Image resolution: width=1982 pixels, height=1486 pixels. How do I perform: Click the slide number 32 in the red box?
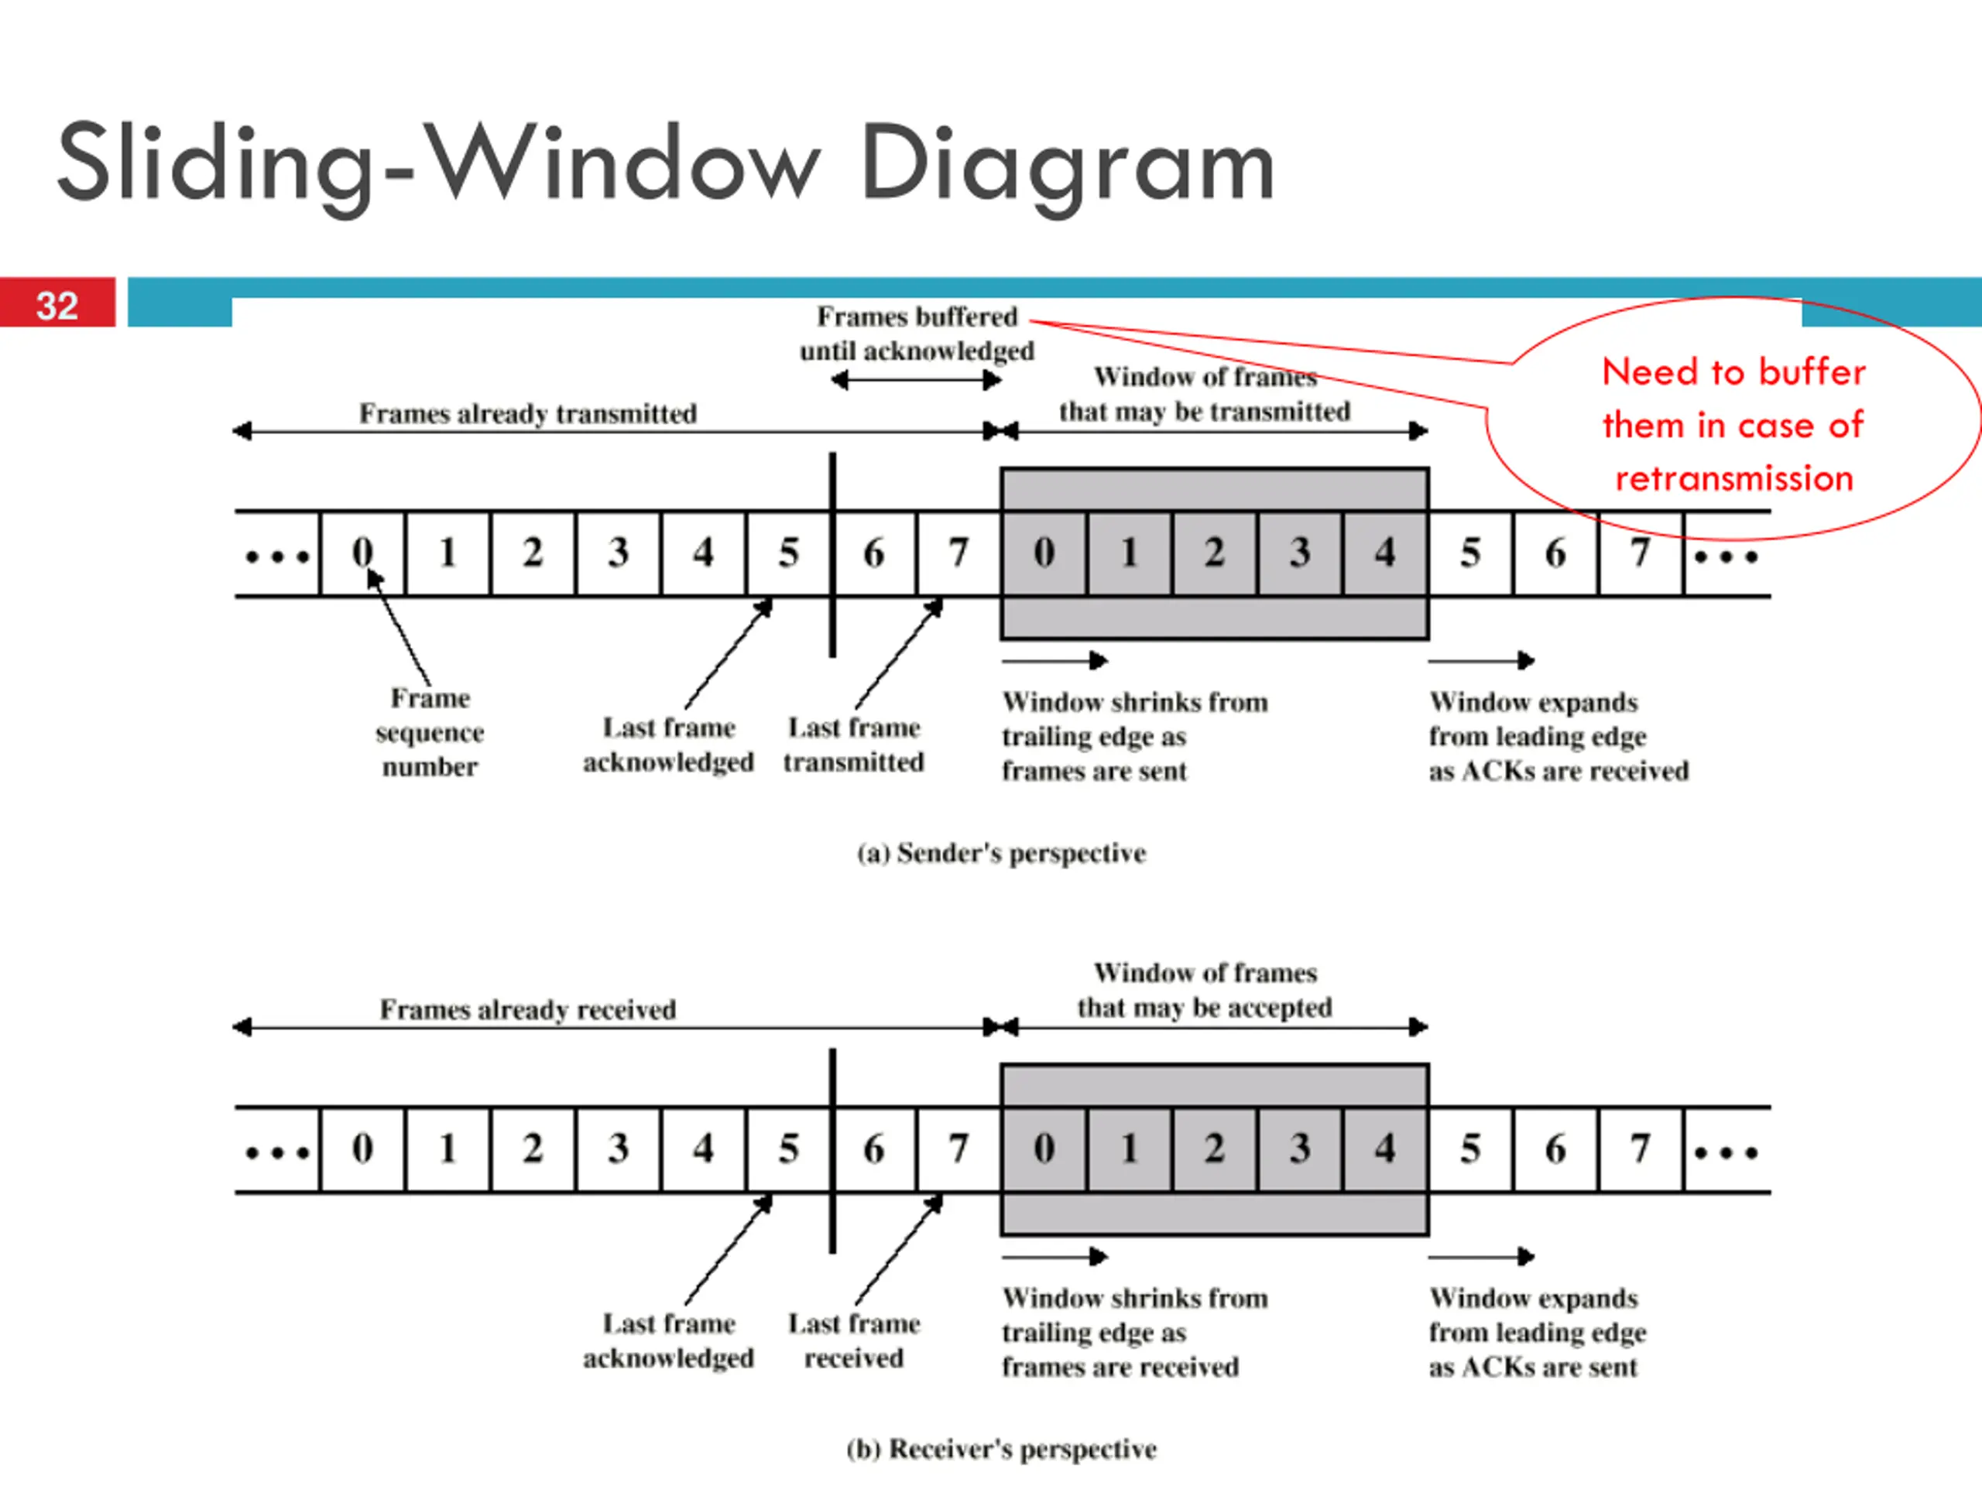(x=57, y=306)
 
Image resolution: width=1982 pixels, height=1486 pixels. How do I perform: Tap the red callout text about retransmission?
(x=1733, y=425)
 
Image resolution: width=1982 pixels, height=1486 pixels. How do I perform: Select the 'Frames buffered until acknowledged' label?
(x=917, y=334)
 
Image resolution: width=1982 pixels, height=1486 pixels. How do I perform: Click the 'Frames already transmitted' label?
(x=528, y=413)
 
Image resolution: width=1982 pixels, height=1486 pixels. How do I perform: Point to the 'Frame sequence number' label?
(x=430, y=732)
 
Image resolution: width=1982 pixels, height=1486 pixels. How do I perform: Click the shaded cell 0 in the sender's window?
(x=1044, y=553)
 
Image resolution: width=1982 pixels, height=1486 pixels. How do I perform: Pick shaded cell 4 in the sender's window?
(x=1385, y=553)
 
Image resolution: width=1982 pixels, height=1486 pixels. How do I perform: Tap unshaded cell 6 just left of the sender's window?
(x=873, y=553)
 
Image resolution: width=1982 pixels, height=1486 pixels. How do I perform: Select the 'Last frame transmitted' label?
(x=854, y=745)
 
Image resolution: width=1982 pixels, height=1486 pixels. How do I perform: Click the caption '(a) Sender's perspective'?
(x=1002, y=853)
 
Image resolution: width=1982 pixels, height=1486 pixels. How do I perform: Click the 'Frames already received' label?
(x=528, y=1009)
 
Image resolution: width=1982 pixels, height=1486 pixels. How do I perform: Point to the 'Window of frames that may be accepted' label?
(x=1205, y=990)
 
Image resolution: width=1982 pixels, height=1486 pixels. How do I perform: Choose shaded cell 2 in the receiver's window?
(x=1214, y=1149)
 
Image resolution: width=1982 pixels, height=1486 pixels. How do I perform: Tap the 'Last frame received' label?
(x=854, y=1341)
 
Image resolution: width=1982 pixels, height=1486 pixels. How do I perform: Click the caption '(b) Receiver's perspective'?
(x=1002, y=1448)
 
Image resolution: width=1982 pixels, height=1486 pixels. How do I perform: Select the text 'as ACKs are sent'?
(x=1533, y=1367)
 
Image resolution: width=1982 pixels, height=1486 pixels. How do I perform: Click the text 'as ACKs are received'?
(x=1559, y=771)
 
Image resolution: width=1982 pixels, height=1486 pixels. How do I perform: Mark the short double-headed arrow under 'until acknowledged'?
(x=916, y=381)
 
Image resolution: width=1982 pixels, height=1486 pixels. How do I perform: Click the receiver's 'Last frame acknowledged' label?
(x=668, y=1341)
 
